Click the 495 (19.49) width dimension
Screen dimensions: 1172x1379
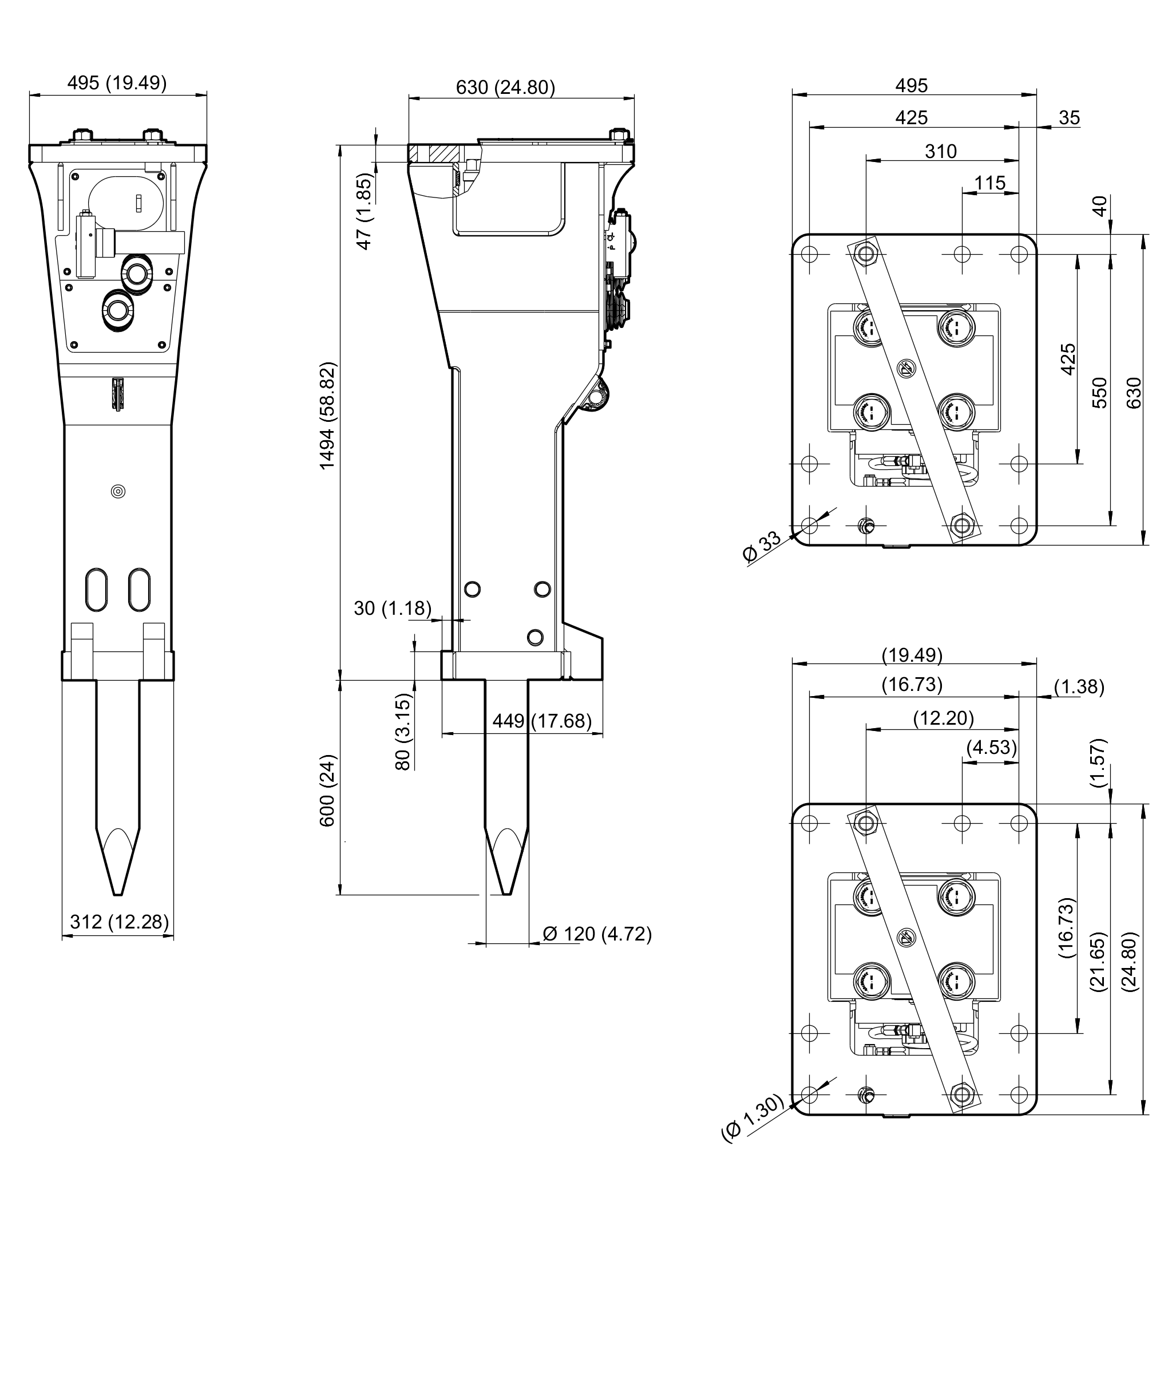click(117, 83)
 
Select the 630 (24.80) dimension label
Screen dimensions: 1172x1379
click(506, 87)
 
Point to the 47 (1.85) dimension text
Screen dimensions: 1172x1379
click(365, 212)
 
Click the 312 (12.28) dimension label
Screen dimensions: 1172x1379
click(120, 922)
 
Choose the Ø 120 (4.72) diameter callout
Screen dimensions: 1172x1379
click(597, 934)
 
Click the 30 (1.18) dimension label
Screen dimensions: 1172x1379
click(393, 608)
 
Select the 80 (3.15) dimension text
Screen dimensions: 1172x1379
click(403, 732)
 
